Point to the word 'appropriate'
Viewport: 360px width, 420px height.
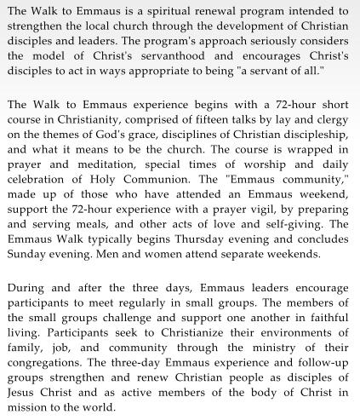(197, 72)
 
